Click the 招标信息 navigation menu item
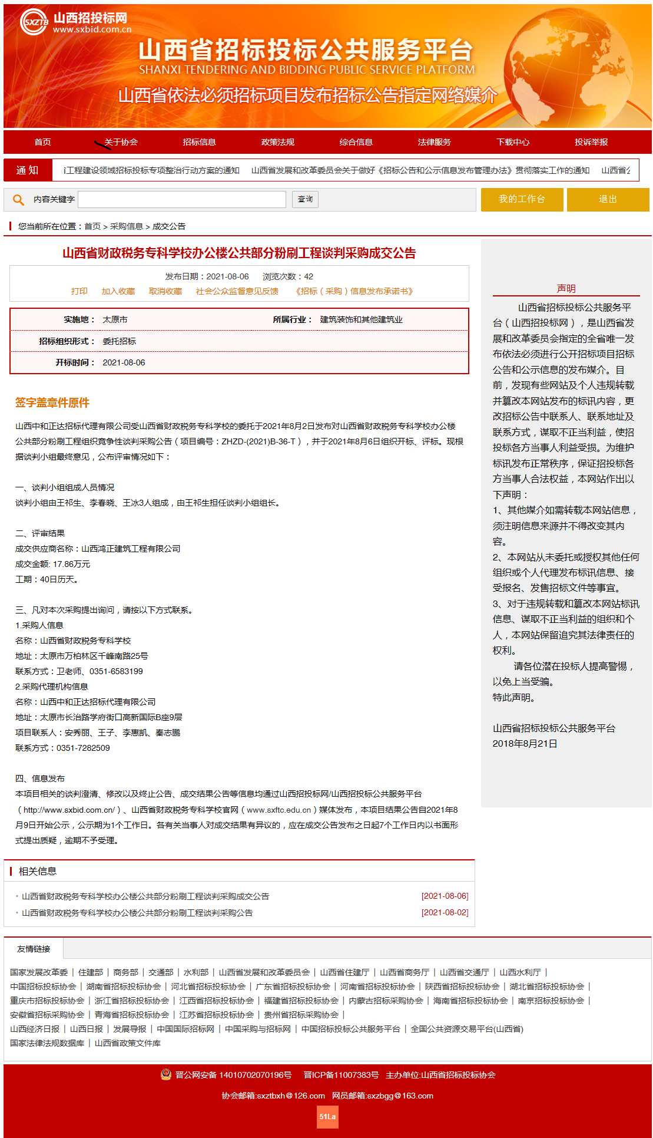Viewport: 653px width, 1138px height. [x=199, y=142]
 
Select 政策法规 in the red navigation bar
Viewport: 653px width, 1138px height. [x=277, y=142]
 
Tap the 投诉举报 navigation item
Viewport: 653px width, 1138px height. [x=591, y=142]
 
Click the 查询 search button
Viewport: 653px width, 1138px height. [x=305, y=199]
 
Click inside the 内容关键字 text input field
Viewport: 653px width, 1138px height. [x=182, y=199]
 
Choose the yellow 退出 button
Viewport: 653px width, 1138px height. [x=608, y=199]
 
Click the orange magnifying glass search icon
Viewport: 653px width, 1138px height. [x=18, y=200]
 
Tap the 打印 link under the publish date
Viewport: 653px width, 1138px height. [x=79, y=291]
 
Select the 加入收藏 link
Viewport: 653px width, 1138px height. [x=118, y=291]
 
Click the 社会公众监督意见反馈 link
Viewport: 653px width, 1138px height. [x=237, y=291]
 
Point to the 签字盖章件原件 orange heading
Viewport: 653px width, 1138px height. [x=52, y=403]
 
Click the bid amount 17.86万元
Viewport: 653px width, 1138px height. [x=71, y=564]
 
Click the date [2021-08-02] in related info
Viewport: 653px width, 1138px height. [x=445, y=912]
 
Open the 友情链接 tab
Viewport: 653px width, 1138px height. [x=34, y=949]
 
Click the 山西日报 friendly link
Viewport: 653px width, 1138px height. [x=86, y=1029]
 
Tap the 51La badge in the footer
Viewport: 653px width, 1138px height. [x=327, y=1116]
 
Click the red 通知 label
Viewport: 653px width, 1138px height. [x=28, y=170]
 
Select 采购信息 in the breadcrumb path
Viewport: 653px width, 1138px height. [x=126, y=226]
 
